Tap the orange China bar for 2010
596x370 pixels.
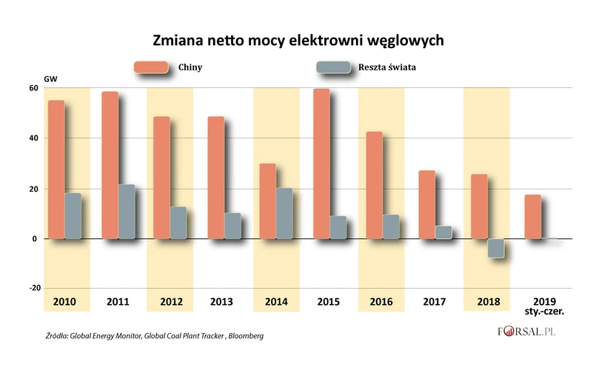56,169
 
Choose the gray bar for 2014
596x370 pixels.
285,213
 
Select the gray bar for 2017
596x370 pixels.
443,232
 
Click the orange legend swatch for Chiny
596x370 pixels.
151,67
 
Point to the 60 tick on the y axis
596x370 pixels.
33,88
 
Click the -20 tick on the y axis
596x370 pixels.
31,289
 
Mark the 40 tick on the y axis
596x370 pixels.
33,138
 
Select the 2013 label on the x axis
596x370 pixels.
223,302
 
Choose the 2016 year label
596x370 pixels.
381,302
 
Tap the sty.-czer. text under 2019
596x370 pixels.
539,312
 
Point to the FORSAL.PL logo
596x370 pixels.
527,333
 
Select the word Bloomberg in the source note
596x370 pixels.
244,336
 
